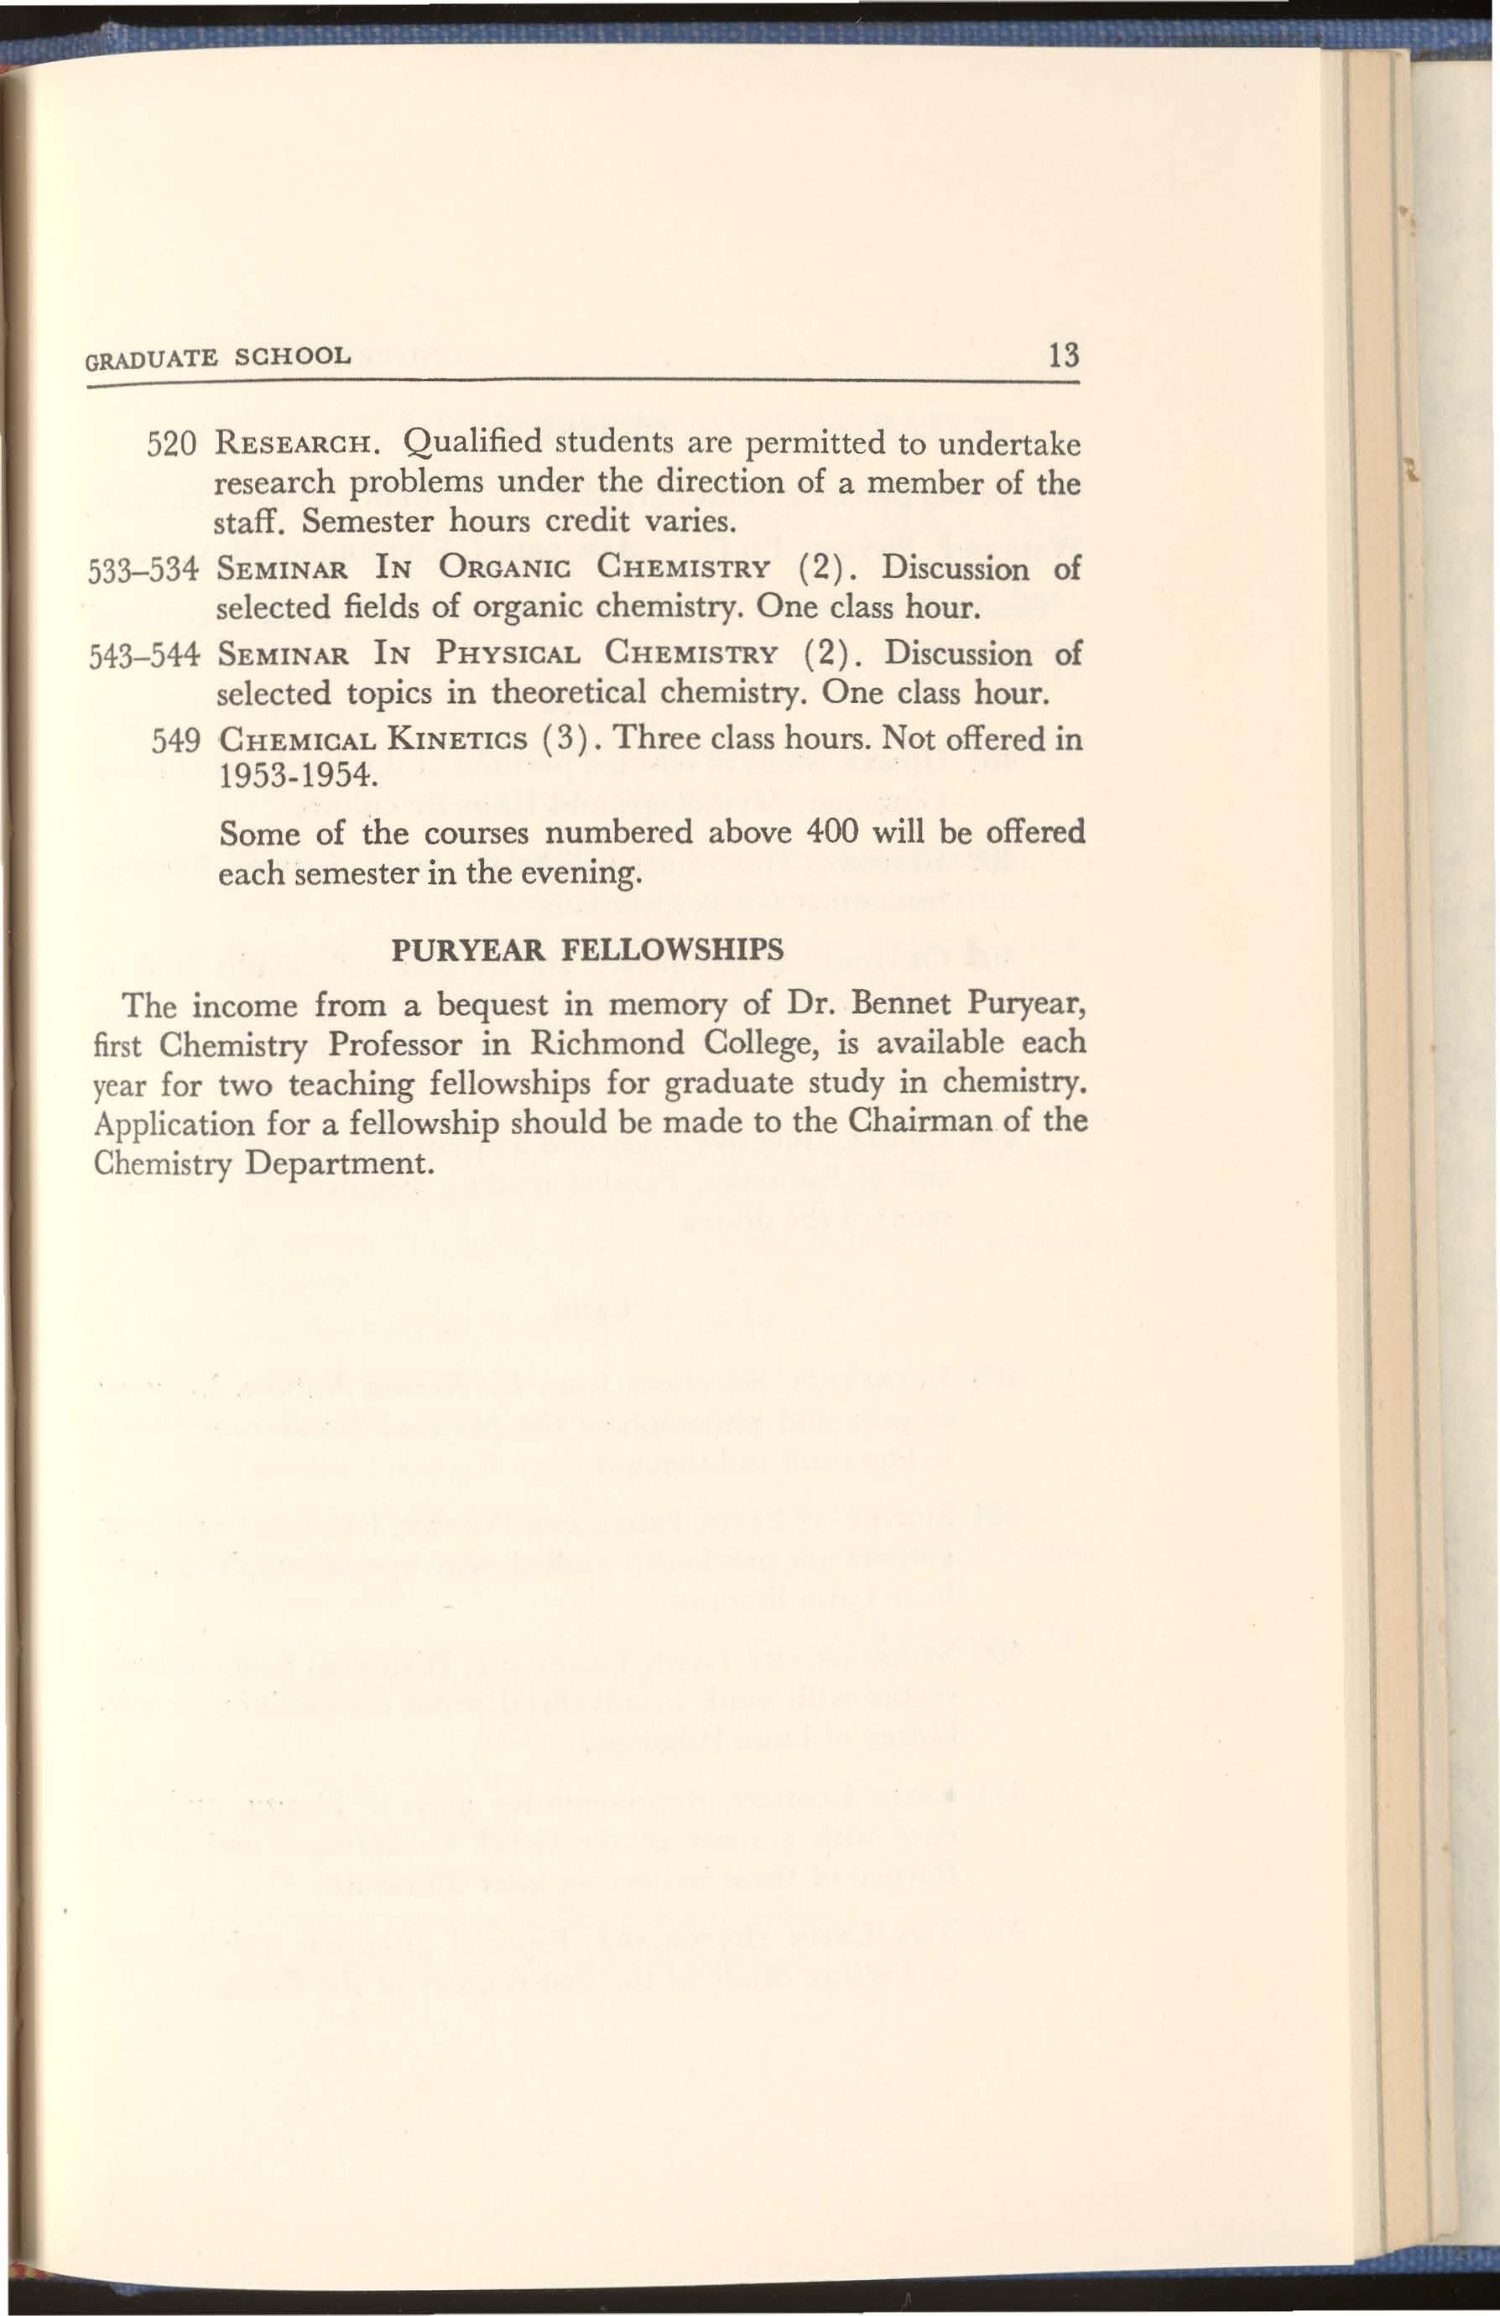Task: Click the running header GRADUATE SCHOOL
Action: point(217,357)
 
